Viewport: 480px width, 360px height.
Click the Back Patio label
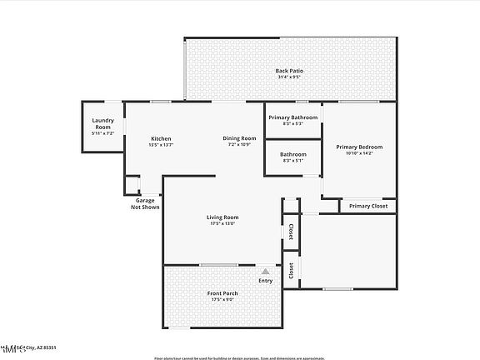pyautogui.click(x=289, y=71)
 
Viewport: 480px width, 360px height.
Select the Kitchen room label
pyautogui.click(x=161, y=138)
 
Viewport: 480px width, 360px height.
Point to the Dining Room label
pyautogui.click(x=238, y=138)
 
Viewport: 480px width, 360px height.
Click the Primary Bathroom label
pyautogui.click(x=293, y=117)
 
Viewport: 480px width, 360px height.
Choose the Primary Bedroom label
pyautogui.click(x=359, y=147)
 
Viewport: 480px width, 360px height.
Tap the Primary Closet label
pyautogui.click(x=367, y=206)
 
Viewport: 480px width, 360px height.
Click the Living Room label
pyautogui.click(x=222, y=217)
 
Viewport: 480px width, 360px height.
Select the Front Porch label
pyautogui.click(x=222, y=293)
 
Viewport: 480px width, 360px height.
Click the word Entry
pyautogui.click(x=266, y=281)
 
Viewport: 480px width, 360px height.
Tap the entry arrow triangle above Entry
pyautogui.click(x=266, y=271)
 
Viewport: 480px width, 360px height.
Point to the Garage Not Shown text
pyautogui.click(x=145, y=203)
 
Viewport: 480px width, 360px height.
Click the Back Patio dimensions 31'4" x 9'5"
pyautogui.click(x=289, y=77)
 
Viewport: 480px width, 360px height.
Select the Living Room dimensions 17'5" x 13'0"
pyautogui.click(x=222, y=224)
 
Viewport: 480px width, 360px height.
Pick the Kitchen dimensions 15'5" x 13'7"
pyautogui.click(x=161, y=145)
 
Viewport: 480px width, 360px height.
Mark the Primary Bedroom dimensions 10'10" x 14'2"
pyautogui.click(x=359, y=153)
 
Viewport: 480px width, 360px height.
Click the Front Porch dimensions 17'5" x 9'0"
pyautogui.click(x=222, y=300)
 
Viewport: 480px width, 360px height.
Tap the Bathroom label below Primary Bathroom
pyautogui.click(x=293, y=154)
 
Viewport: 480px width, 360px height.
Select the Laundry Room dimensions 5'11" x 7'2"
pyautogui.click(x=103, y=133)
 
